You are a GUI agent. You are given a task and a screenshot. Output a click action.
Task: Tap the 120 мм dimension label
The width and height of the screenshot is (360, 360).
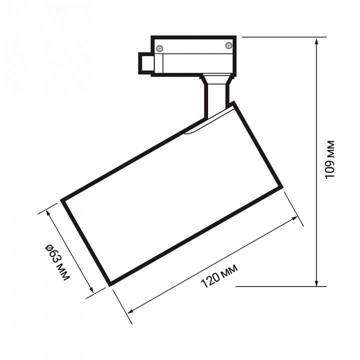click(x=219, y=276)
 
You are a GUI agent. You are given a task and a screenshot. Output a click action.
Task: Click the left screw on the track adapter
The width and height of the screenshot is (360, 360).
click(x=160, y=48)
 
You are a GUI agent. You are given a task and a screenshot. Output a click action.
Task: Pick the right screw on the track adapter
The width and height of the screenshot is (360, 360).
click(x=229, y=45)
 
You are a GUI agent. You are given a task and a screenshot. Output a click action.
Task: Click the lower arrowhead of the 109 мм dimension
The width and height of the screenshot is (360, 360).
click(x=317, y=282)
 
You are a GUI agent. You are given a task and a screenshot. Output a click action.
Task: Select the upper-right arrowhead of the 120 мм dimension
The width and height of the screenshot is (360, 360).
click(x=298, y=220)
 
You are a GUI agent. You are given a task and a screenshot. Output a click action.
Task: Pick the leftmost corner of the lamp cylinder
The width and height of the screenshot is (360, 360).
click(x=62, y=200)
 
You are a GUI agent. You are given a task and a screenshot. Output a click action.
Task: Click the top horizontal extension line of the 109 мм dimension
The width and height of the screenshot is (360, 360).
click(x=280, y=37)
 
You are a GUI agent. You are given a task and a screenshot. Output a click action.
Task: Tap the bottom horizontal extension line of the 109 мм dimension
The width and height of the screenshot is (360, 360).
click(x=280, y=286)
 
